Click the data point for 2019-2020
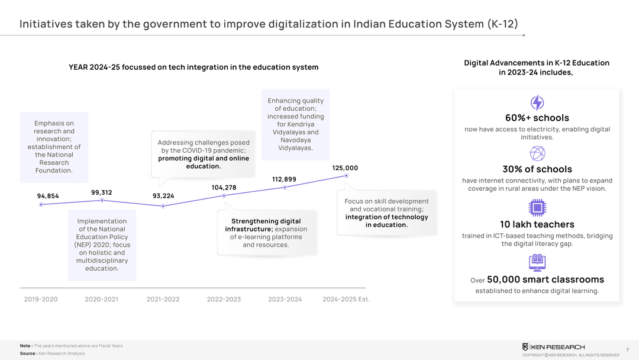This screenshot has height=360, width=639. click(x=41, y=205)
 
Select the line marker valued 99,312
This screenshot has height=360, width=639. click(x=102, y=201)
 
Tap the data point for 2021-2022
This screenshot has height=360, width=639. click(x=163, y=206)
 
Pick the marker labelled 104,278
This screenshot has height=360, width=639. click(x=224, y=196)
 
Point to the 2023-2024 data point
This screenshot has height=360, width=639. click(x=285, y=188)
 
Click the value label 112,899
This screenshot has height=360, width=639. click(x=284, y=179)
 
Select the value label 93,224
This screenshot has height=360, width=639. click(x=163, y=196)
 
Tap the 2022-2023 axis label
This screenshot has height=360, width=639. click(x=224, y=300)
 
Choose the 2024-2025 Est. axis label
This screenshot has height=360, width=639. click(x=346, y=300)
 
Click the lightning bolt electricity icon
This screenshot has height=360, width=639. click(x=537, y=103)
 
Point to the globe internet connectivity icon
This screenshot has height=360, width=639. click(x=537, y=154)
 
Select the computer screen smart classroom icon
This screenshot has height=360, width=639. click(x=537, y=262)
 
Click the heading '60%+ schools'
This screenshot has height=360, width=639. click(x=537, y=118)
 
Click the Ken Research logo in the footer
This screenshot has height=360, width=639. click(x=553, y=347)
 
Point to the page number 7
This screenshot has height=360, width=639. click(x=627, y=351)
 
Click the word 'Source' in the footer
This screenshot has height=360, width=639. click(x=27, y=353)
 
